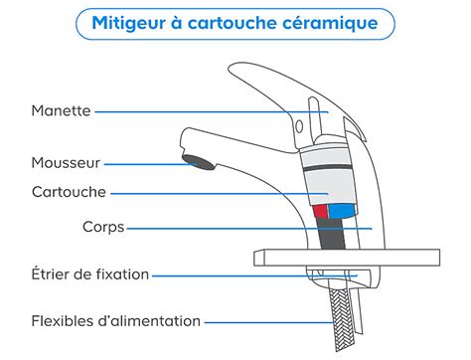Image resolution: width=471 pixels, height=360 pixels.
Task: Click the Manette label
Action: tap(62, 111)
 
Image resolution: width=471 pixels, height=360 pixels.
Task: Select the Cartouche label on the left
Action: tap(70, 191)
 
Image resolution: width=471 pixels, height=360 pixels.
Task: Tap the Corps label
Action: tap(103, 227)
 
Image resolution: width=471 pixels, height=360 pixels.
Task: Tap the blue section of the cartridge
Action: tap(341, 211)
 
